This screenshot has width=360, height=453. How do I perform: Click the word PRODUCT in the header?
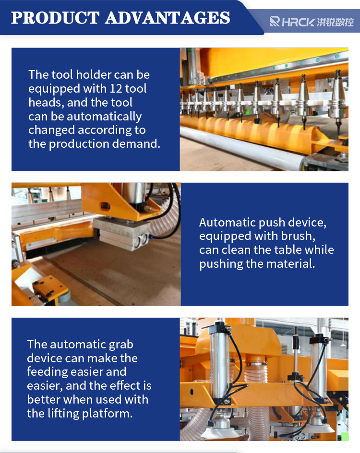[x=56, y=18]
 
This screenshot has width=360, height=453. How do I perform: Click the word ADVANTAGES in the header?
[x=168, y=18]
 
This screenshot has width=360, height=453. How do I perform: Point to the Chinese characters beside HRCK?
[x=335, y=22]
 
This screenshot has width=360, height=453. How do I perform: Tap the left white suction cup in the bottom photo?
[x=222, y=431]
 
